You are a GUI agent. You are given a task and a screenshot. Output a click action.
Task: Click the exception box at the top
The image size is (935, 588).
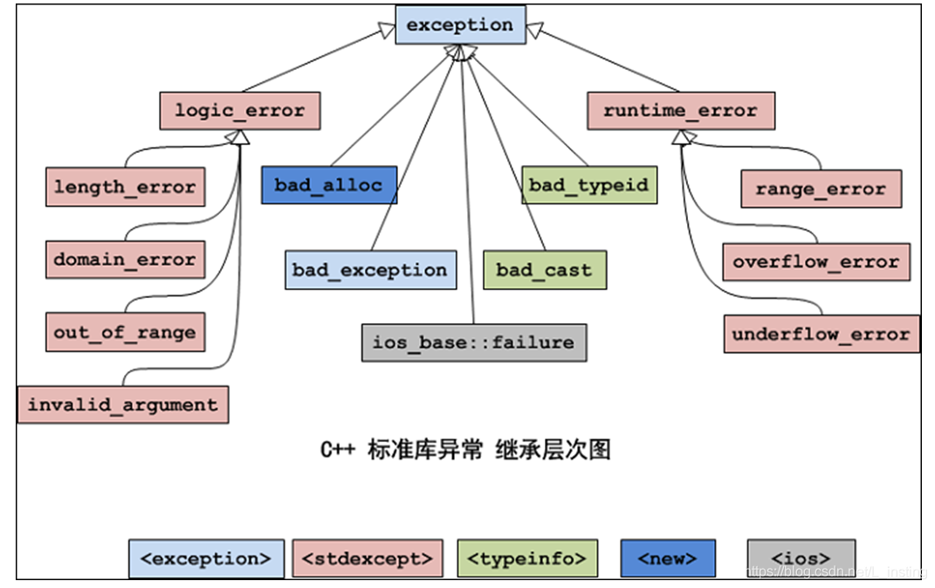(460, 24)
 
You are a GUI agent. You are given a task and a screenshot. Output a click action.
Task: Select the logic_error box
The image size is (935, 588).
(239, 111)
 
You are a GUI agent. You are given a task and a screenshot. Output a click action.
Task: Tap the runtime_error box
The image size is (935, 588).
(680, 111)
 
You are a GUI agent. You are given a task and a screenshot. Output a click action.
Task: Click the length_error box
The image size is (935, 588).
(125, 187)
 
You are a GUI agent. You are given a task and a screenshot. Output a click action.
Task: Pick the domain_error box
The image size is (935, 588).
(125, 259)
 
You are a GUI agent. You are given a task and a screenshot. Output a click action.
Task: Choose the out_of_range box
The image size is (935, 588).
(125, 332)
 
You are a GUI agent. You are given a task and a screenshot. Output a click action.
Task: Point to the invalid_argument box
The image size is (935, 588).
(122, 405)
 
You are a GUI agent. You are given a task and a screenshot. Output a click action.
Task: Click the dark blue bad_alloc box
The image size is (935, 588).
(328, 185)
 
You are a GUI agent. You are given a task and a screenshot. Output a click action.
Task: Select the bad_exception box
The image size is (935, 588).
(370, 270)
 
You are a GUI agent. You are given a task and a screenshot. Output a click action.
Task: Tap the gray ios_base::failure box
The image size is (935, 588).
(473, 342)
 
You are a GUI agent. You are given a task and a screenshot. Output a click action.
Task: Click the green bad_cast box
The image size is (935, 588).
(544, 270)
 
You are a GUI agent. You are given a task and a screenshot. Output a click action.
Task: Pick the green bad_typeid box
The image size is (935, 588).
(588, 185)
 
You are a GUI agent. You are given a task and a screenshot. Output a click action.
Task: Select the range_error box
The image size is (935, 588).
(820, 189)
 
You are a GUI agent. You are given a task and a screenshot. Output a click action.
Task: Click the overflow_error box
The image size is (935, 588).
(815, 261)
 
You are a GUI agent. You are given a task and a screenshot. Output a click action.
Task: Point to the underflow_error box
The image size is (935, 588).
(821, 334)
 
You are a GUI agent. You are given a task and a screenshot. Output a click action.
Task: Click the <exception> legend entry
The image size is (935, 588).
(206, 558)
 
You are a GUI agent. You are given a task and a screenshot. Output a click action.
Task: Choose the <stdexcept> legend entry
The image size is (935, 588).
(367, 558)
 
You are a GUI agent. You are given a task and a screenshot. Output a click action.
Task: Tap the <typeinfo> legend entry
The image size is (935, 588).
(526, 558)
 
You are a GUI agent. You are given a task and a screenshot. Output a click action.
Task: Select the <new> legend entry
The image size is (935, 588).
(667, 558)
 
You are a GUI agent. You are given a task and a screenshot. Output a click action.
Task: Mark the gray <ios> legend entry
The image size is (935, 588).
(801, 558)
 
